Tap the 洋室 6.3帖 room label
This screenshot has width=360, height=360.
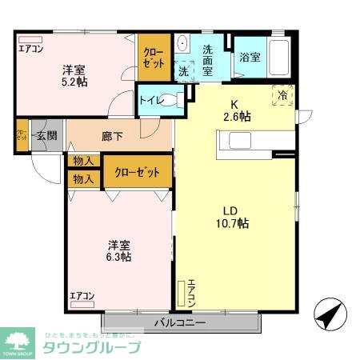point(119,251)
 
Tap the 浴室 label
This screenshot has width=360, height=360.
point(249,57)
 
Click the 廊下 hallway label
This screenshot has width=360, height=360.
point(112,137)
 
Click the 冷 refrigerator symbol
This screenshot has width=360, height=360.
point(282,94)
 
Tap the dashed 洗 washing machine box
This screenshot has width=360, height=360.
point(184,70)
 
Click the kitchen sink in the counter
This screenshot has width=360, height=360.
point(240,141)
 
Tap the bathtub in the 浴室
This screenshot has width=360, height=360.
point(281,56)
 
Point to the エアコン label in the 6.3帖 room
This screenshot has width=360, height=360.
point(82,297)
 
